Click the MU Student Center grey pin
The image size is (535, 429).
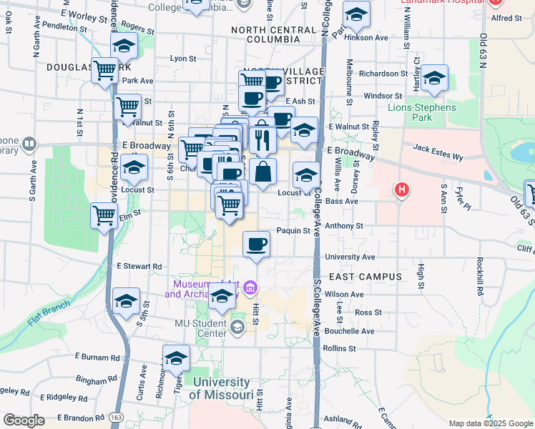pyautogui.click(x=237, y=326)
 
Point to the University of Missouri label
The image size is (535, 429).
pyautogui.click(x=221, y=388)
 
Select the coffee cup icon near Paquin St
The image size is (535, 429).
pyautogui.click(x=256, y=245)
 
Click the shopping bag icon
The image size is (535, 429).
pyautogui.click(x=262, y=172)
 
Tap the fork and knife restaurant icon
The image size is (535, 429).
pyautogui.click(x=262, y=140)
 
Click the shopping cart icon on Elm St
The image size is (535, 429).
pyautogui.click(x=104, y=214)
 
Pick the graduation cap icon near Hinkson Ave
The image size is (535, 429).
pyautogui.click(x=355, y=14)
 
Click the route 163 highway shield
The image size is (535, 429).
pyautogui.click(x=117, y=417)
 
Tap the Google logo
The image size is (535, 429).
pyautogui.click(x=24, y=420)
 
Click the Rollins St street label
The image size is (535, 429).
pyautogui.click(x=339, y=348)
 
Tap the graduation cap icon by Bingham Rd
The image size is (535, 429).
pyautogui.click(x=176, y=359)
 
